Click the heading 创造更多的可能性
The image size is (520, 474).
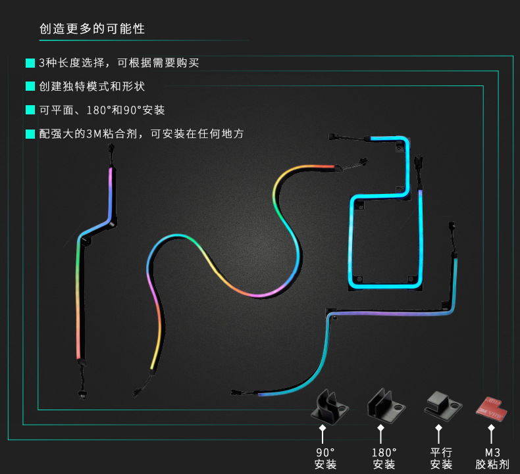tap(92, 30)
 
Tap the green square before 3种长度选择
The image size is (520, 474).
tap(30, 63)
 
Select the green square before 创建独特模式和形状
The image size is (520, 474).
tap(30, 87)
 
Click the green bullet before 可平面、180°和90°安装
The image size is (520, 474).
tap(30, 110)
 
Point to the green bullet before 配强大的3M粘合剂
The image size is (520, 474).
tap(30, 133)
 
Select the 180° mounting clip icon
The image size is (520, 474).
tap(384, 404)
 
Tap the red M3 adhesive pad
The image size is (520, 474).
tap(490, 408)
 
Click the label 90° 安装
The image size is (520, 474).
tap(325, 458)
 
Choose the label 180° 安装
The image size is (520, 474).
tap(384, 458)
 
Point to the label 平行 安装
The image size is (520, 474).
tap(441, 458)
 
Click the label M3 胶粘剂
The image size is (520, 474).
tap(492, 458)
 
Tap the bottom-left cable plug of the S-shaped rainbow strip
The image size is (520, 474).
tap(135, 393)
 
